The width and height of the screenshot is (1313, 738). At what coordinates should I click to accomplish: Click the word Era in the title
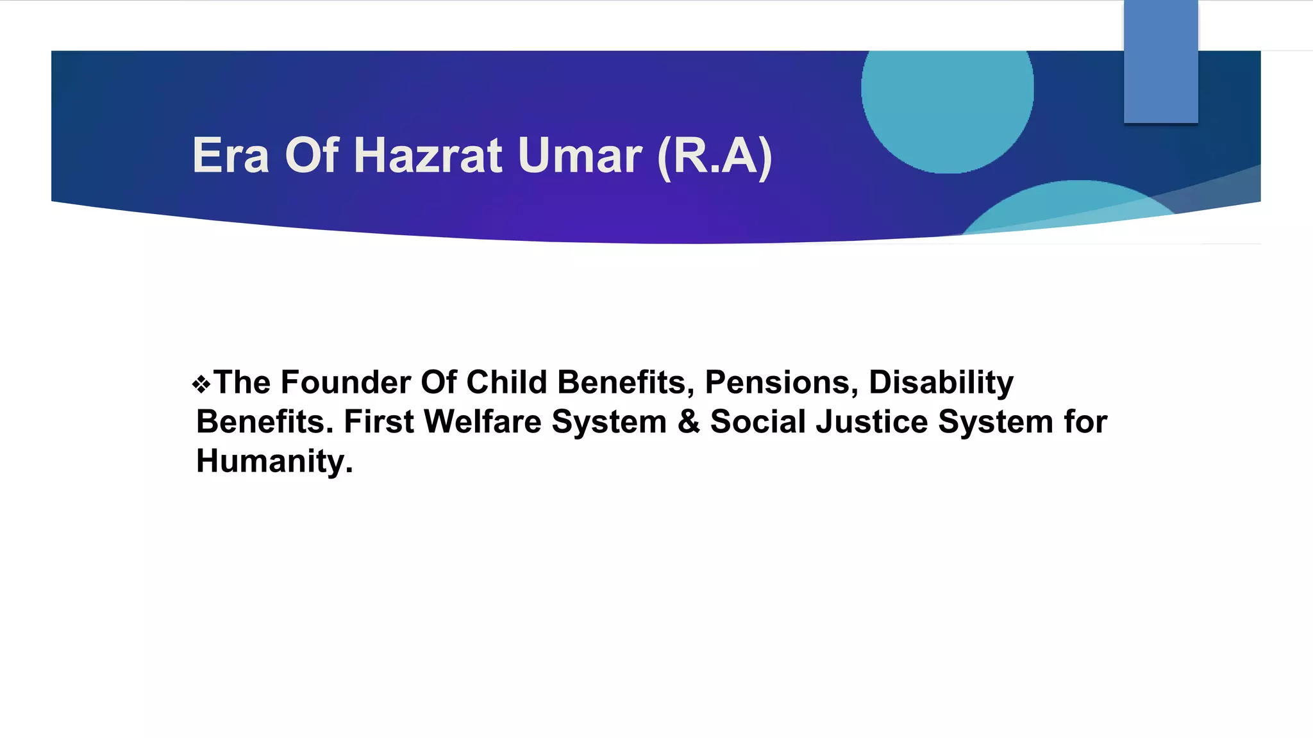231,156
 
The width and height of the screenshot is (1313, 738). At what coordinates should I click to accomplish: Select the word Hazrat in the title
428,156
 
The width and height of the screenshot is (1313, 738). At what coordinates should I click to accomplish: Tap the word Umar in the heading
580,156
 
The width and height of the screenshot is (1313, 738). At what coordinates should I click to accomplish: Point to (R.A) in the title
715,157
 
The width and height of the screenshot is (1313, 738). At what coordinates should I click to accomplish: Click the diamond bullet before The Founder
201,384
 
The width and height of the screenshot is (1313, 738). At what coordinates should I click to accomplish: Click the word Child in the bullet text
506,382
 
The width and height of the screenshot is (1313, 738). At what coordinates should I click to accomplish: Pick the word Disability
941,384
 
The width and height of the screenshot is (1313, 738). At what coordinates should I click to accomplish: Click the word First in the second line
379,422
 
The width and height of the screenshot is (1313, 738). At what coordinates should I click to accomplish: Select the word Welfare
482,422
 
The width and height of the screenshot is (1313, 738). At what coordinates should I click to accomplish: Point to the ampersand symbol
689,422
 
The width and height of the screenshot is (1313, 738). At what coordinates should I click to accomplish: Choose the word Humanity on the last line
274,461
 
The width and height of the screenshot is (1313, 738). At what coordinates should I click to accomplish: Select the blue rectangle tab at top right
1160,61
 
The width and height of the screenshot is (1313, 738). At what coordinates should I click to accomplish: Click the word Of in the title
312,156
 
